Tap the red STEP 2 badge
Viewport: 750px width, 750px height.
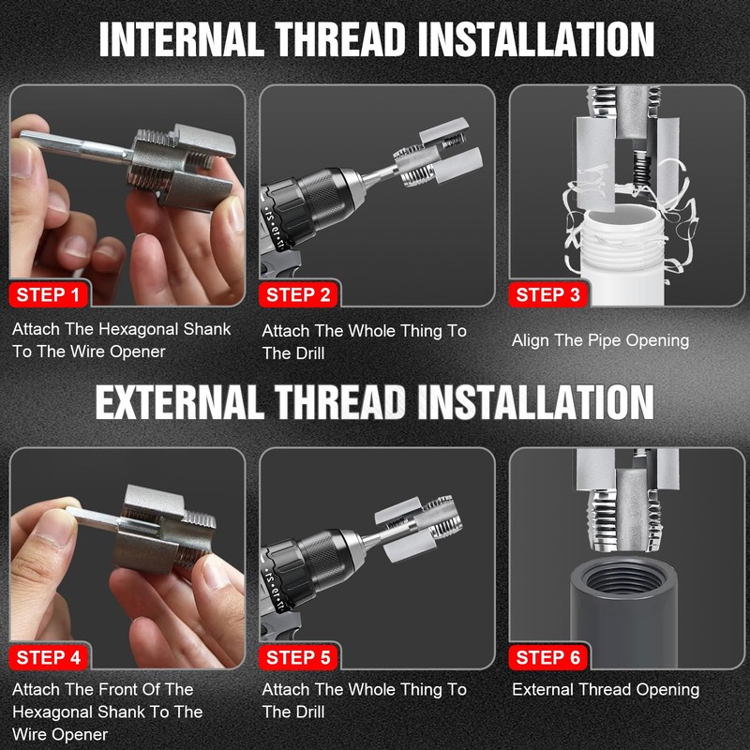click(298, 295)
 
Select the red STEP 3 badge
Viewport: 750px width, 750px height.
click(548, 295)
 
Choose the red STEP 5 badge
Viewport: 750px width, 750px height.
click(298, 658)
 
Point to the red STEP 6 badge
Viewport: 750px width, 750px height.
click(548, 658)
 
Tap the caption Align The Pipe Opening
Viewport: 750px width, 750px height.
click(600, 340)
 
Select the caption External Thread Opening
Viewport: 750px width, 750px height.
click(606, 690)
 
